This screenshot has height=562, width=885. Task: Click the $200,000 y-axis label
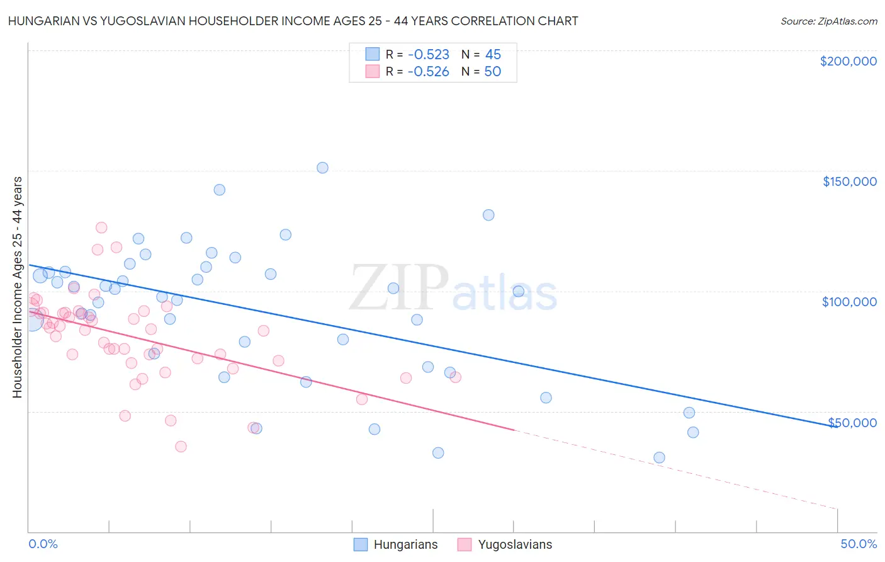point(848,61)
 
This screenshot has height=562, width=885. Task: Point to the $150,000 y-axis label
point(849,181)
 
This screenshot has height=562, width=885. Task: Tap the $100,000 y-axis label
point(849,302)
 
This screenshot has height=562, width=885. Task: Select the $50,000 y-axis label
point(852,422)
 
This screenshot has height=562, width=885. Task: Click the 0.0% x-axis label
point(43,544)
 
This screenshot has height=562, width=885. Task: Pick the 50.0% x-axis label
point(859,544)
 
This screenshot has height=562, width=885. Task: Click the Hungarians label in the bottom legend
point(405,545)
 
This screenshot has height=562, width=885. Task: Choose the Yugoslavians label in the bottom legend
point(515,545)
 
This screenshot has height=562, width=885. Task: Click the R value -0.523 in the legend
point(428,55)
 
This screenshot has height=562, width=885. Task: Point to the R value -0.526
point(428,72)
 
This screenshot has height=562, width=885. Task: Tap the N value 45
point(493,55)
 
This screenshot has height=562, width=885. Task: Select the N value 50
point(493,72)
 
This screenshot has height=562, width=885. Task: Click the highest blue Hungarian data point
point(322,168)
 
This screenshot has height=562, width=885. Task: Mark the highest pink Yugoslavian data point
point(101,227)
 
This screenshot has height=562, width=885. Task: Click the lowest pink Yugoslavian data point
point(181,447)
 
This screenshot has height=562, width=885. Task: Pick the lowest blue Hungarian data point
point(659,457)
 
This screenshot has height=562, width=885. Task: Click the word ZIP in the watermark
point(398,289)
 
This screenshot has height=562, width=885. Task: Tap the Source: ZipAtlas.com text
point(829,21)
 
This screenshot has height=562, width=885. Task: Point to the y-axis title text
point(18,287)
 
